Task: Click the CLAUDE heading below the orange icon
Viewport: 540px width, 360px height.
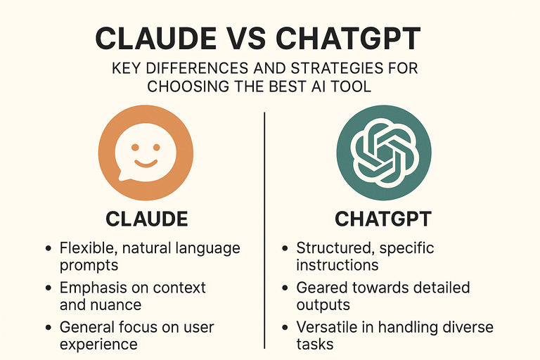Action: point(147,219)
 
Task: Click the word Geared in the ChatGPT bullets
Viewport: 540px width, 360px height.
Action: point(319,288)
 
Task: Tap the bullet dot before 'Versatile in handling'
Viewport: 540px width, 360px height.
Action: point(285,328)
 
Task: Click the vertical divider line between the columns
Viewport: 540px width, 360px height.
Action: point(264,232)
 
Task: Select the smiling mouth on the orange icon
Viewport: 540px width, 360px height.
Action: point(144,162)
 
